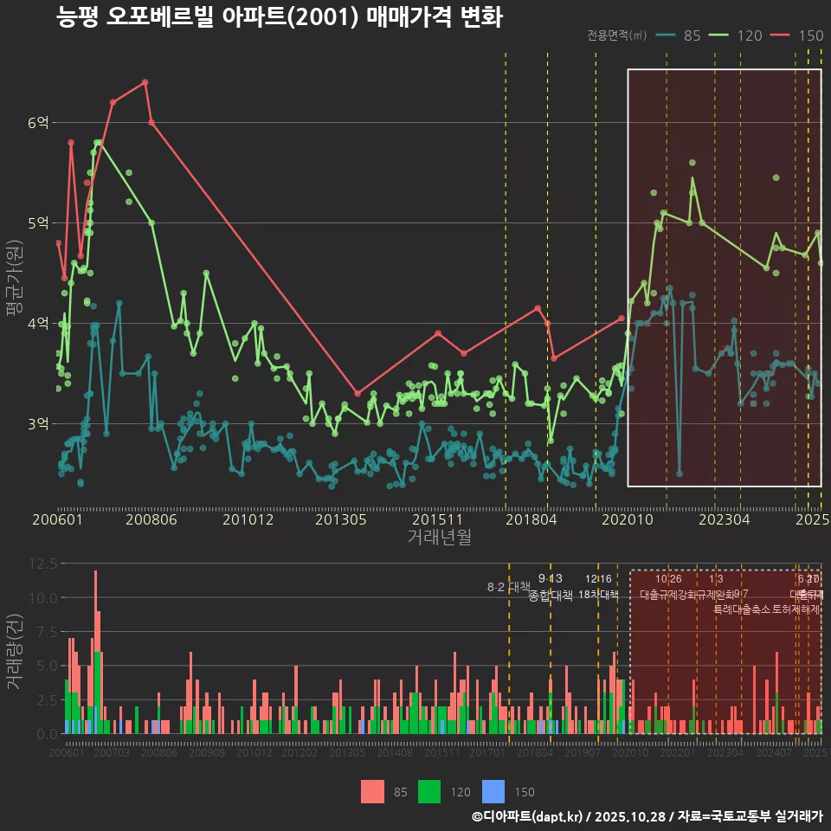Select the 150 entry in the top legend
(x=810, y=35)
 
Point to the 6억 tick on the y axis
(x=37, y=123)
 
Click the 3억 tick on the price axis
(x=37, y=424)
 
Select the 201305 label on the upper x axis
(x=341, y=520)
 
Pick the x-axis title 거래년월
(x=439, y=538)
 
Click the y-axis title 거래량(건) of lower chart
(x=14, y=651)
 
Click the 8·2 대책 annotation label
(x=508, y=587)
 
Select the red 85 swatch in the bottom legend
(x=372, y=791)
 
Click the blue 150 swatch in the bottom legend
(x=493, y=791)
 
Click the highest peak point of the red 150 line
(x=145, y=82)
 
